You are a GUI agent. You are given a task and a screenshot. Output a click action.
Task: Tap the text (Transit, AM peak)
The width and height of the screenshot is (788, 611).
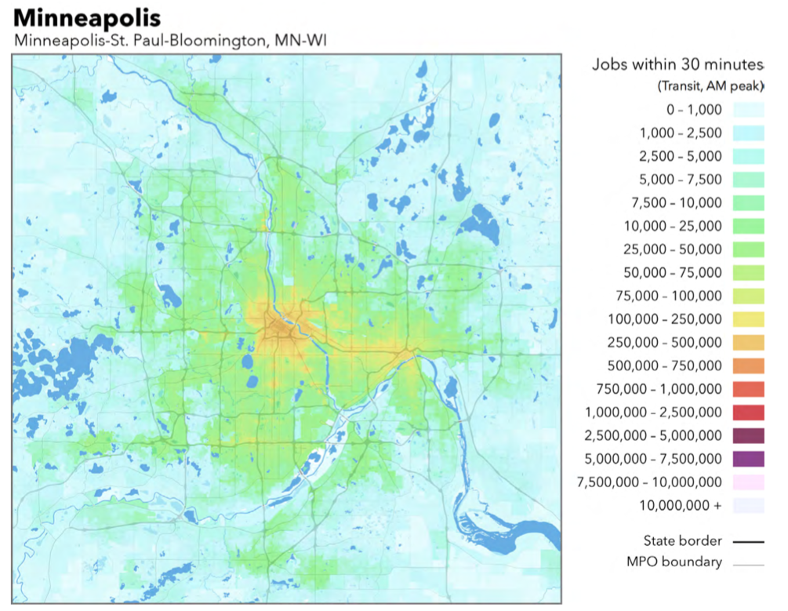pyautogui.click(x=710, y=86)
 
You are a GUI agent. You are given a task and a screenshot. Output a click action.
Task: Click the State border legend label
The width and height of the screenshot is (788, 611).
pyautogui.click(x=682, y=540)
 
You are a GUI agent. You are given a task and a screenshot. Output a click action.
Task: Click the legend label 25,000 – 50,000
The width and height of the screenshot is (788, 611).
pyautogui.click(x=680, y=249)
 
